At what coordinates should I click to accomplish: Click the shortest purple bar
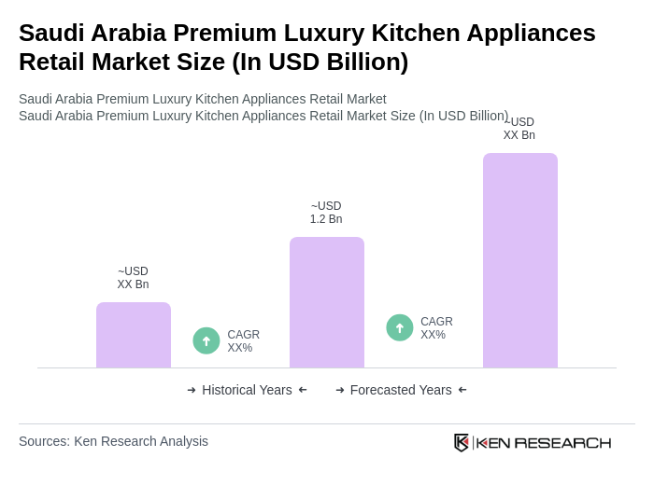click(134, 335)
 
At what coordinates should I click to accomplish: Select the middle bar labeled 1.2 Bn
click(327, 302)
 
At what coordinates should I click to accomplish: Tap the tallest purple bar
click(520, 260)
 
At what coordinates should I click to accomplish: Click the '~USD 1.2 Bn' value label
click(326, 213)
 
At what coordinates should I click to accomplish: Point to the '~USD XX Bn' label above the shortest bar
click(133, 278)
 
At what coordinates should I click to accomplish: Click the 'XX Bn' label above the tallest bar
click(519, 135)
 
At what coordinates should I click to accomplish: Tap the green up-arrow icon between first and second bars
click(206, 340)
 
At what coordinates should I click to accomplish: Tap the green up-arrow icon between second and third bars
click(400, 327)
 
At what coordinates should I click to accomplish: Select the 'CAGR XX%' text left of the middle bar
click(243, 341)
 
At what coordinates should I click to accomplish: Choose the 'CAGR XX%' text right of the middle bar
click(436, 328)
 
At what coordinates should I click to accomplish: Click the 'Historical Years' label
click(247, 390)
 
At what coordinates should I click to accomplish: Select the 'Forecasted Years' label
click(401, 390)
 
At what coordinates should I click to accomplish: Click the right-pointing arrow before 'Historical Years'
click(192, 390)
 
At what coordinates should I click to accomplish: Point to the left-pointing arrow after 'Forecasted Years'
click(462, 390)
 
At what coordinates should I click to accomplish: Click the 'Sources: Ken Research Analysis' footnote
click(113, 441)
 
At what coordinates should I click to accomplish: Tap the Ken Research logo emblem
click(462, 442)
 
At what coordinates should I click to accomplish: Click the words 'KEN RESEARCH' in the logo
click(544, 443)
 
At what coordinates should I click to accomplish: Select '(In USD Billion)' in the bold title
click(320, 62)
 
